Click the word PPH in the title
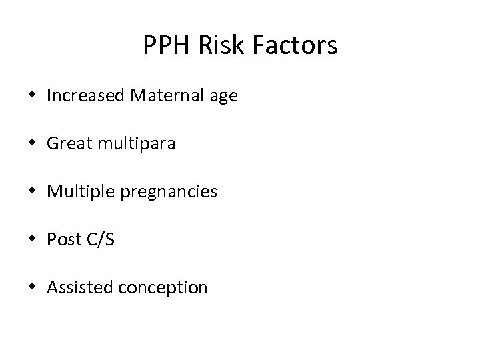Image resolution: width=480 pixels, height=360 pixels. tap(162, 45)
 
